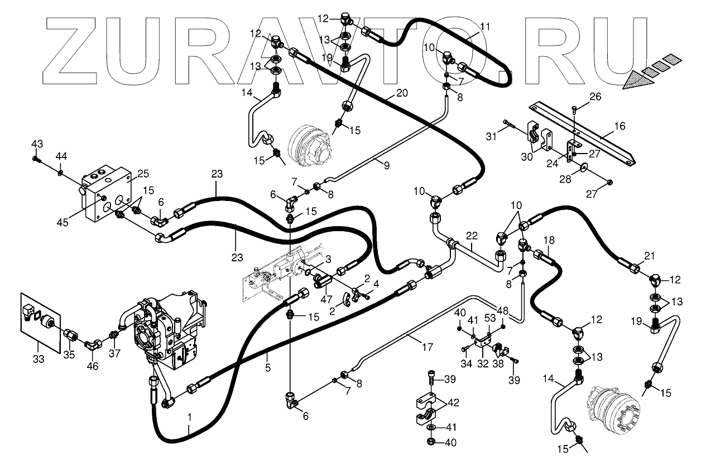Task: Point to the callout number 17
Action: [428, 347]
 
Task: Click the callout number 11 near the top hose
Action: [485, 26]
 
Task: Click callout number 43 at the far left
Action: [37, 144]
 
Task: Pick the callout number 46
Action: [93, 366]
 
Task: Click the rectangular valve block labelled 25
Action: [106, 193]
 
